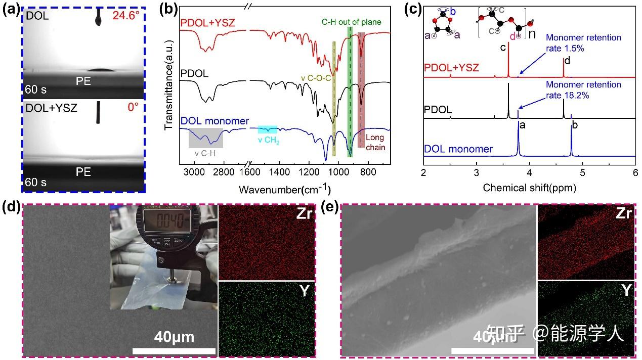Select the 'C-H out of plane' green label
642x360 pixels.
click(351, 22)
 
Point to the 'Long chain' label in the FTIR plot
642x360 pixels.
click(372, 142)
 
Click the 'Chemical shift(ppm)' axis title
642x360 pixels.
click(529, 188)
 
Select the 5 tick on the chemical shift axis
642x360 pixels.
click(582, 172)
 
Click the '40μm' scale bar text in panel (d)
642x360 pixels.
click(174, 337)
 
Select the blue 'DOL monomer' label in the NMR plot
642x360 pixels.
click(458, 149)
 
